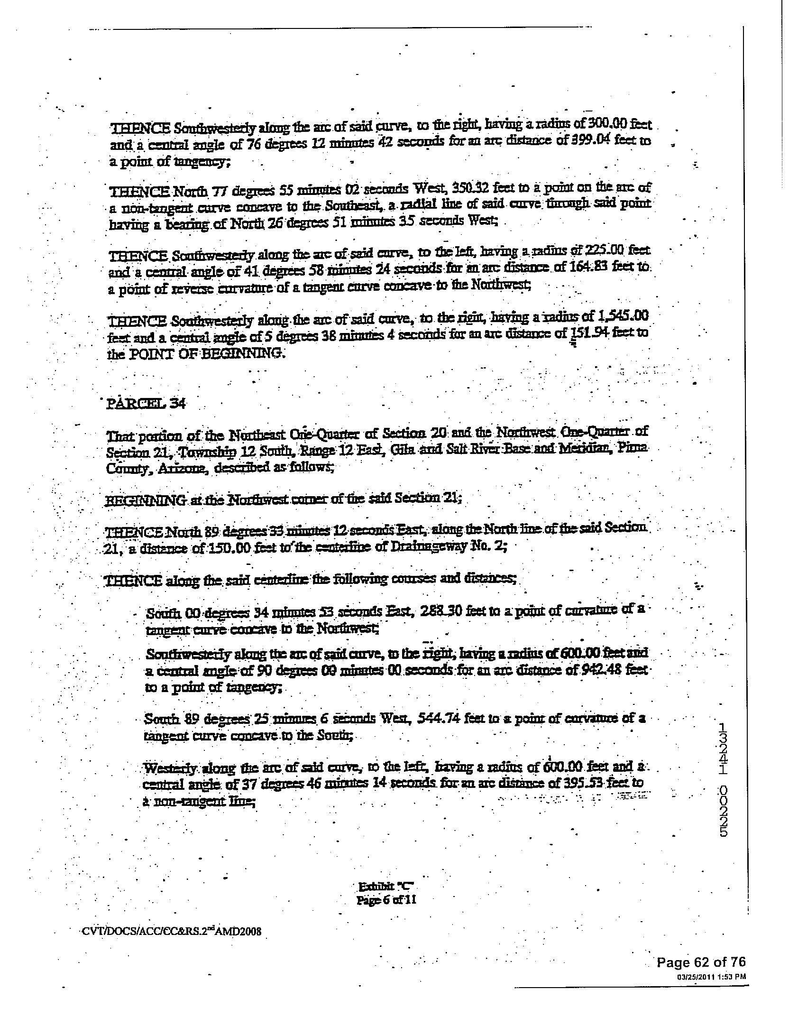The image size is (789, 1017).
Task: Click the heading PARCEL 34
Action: click(147, 404)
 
